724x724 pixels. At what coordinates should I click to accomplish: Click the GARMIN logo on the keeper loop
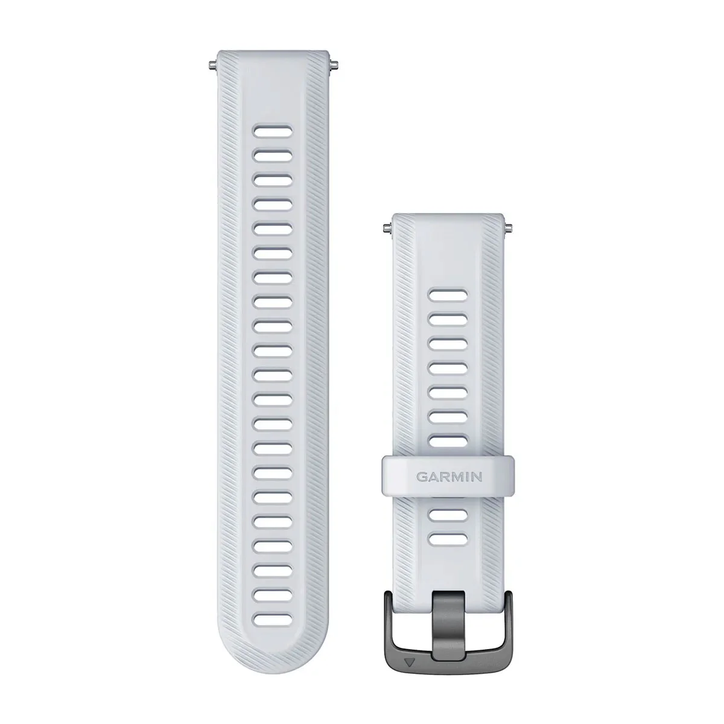[449, 476]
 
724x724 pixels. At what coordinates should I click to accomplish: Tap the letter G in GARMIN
[421, 476]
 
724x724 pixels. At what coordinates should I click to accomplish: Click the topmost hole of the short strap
[449, 296]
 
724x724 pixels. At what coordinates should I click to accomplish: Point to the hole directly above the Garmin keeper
[449, 440]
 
